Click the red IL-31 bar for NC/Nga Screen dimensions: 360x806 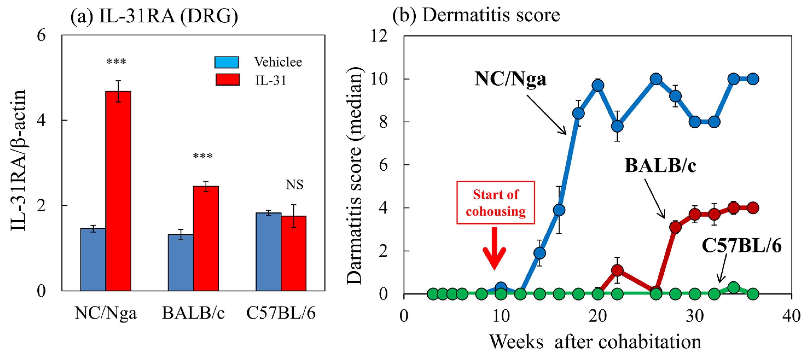pos(118,191)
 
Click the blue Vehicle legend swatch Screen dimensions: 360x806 pos(226,62)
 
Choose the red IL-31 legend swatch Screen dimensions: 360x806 pos(227,80)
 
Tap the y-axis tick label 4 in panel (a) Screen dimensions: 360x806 pos(41,120)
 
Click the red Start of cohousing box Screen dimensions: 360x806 pos(495,202)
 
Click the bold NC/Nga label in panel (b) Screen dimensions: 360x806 pos(510,79)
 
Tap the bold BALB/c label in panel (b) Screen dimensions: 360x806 pos(660,165)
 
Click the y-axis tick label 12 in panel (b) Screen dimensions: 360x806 pos(379,36)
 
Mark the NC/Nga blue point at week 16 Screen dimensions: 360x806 pos(559,210)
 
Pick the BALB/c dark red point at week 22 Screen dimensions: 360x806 pos(617,270)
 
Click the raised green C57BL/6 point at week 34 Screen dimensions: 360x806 pos(733,288)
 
